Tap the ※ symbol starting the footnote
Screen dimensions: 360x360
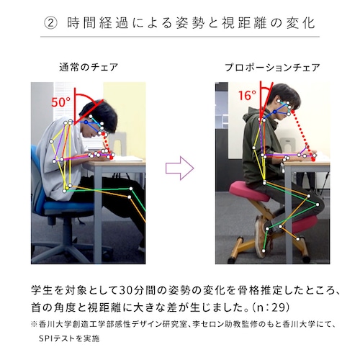(33, 323)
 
